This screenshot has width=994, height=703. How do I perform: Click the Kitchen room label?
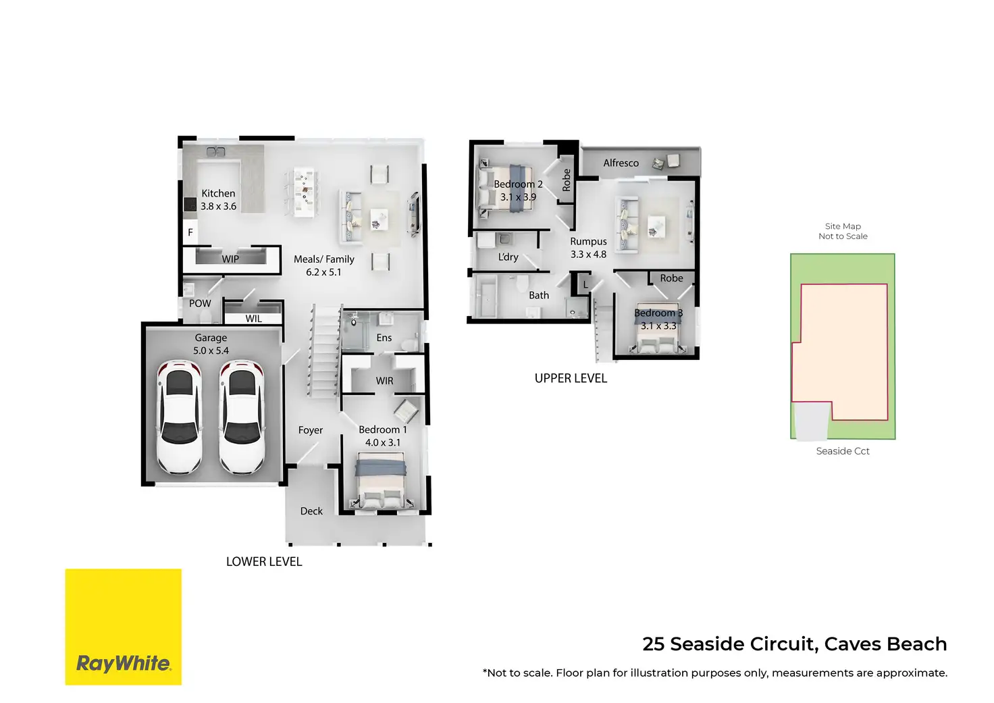click(x=218, y=193)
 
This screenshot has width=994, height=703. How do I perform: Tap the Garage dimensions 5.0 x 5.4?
click(x=211, y=350)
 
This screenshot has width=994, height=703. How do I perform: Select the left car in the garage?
click(x=179, y=417)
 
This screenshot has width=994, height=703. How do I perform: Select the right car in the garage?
click(x=242, y=417)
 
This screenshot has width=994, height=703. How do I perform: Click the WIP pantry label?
click(x=230, y=259)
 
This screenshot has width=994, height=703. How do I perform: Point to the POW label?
click(x=200, y=303)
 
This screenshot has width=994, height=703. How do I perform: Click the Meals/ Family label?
click(x=323, y=259)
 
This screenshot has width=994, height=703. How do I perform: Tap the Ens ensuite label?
click(x=384, y=338)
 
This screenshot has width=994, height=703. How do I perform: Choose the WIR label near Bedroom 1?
click(x=384, y=381)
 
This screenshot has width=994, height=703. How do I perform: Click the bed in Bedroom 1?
click(x=381, y=481)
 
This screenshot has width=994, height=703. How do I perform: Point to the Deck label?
click(x=311, y=511)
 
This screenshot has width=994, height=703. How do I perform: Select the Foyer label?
click(x=311, y=430)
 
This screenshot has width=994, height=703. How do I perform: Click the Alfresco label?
click(x=621, y=163)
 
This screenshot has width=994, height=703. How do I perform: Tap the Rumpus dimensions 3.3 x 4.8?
click(x=588, y=255)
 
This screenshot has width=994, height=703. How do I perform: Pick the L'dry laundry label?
click(x=508, y=257)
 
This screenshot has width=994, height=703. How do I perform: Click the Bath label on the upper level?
click(x=539, y=295)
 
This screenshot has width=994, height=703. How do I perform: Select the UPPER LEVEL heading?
click(x=571, y=378)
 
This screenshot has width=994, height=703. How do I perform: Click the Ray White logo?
click(x=124, y=627)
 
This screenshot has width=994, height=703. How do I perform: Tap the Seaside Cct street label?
click(x=843, y=451)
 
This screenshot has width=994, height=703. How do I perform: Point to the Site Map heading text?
click(x=843, y=226)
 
